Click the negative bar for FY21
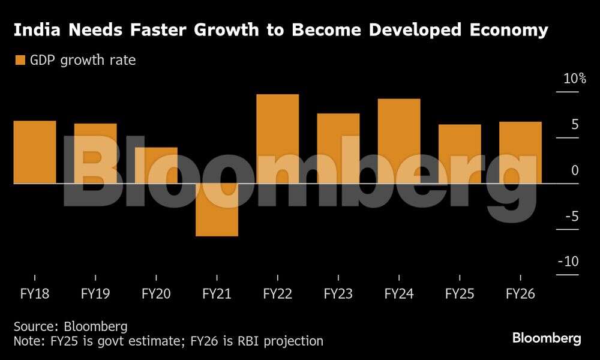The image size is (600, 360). pos(217,209)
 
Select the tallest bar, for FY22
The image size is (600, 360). pos(277,139)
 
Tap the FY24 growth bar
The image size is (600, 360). pos(399,141)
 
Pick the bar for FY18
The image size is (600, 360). pos(34,152)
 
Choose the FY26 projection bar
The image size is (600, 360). pos(520,152)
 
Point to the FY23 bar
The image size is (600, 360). pos(338,148)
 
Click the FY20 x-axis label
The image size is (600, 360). pos(156,295)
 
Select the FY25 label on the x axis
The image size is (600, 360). pos(460,295)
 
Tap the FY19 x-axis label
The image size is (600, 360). pos(95,295)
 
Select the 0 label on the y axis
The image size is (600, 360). pos(575,170)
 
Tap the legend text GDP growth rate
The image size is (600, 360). pos(83,60)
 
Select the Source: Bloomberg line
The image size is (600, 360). pos(71,326)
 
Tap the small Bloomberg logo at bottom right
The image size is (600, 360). pos(547,338)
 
